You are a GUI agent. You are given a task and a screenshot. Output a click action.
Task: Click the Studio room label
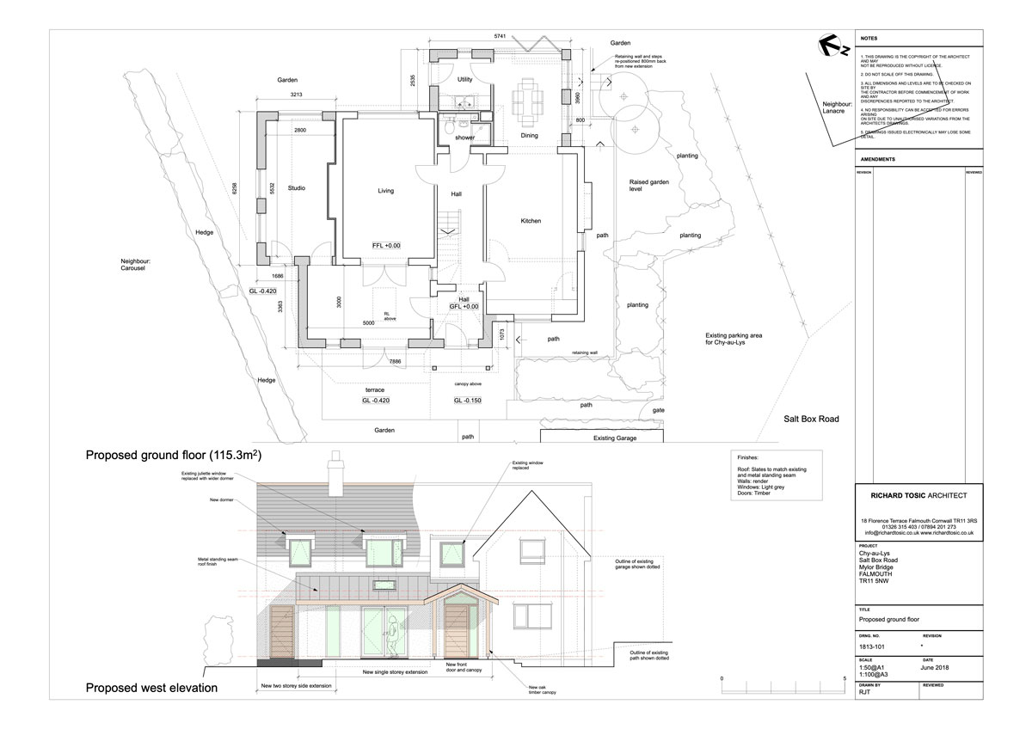pyautogui.click(x=297, y=187)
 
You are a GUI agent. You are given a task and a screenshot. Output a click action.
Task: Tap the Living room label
pyautogui.click(x=385, y=191)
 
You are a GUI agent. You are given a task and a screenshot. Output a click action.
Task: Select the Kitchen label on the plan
pyautogui.click(x=531, y=221)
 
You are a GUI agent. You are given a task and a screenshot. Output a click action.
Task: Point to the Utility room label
pyautogui.click(x=465, y=79)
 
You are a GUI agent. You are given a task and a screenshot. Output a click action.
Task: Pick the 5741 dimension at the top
pyautogui.click(x=501, y=36)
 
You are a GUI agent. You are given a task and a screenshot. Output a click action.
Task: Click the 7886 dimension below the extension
pyautogui.click(x=394, y=361)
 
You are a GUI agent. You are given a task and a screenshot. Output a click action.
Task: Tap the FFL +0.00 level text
pyautogui.click(x=386, y=246)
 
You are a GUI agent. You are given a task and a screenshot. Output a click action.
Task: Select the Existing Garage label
pyautogui.click(x=618, y=438)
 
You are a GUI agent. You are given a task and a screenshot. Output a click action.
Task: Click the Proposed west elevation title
pyautogui.click(x=150, y=688)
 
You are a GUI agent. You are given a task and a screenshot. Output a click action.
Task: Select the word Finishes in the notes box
pyautogui.click(x=750, y=458)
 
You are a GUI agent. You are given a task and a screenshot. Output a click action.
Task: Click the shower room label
pyautogui.click(x=464, y=138)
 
